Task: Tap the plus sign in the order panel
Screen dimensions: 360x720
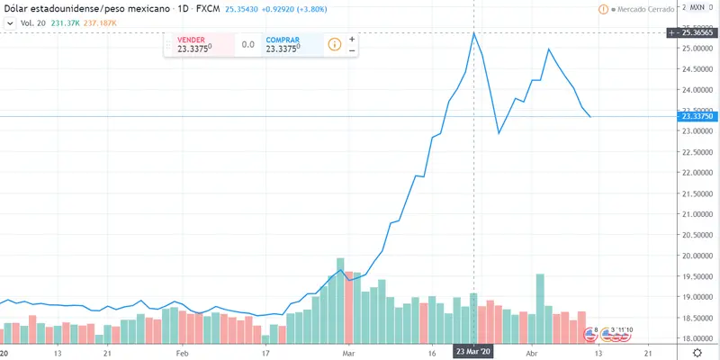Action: pos(352,40)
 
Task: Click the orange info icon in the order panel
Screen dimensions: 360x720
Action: pos(334,44)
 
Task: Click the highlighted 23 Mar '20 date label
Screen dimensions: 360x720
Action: pos(474,352)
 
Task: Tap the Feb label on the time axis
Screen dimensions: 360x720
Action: pos(183,354)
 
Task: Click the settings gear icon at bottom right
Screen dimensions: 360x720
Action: pos(708,354)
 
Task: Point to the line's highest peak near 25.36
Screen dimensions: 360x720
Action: pos(474,33)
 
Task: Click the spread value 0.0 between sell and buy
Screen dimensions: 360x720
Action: pos(248,45)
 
